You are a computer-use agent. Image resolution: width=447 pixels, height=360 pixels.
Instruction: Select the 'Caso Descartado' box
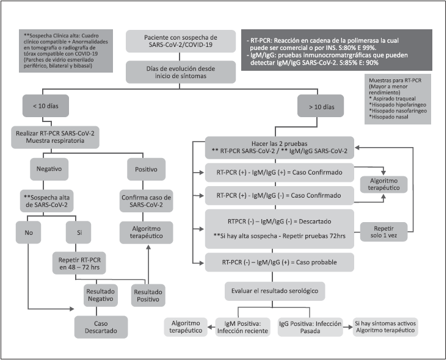pos(101,326)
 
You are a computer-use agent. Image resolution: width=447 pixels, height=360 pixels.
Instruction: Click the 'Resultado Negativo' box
pos(101,296)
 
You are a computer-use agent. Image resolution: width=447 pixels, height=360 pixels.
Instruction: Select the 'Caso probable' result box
pos(279,262)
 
